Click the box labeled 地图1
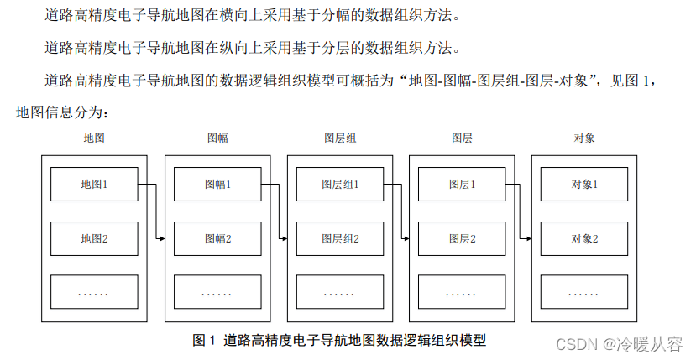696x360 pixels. (94, 184)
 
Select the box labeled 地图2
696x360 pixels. (94, 238)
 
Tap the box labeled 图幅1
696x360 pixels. (217, 184)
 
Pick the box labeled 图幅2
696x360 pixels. (217, 238)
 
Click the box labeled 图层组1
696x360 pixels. (340, 184)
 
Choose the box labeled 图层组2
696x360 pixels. (340, 238)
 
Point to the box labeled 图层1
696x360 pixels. (462, 184)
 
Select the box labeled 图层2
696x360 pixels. (462, 238)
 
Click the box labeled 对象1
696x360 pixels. (584, 184)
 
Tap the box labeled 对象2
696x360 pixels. (584, 238)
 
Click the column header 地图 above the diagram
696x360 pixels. (94, 138)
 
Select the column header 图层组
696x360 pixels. (340, 138)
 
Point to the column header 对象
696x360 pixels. (584, 138)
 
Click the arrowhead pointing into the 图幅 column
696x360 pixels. (161, 238)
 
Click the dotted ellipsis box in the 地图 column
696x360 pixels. (94, 292)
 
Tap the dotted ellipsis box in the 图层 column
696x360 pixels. (462, 292)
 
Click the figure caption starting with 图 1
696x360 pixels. (339, 340)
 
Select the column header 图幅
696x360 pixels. (217, 138)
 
